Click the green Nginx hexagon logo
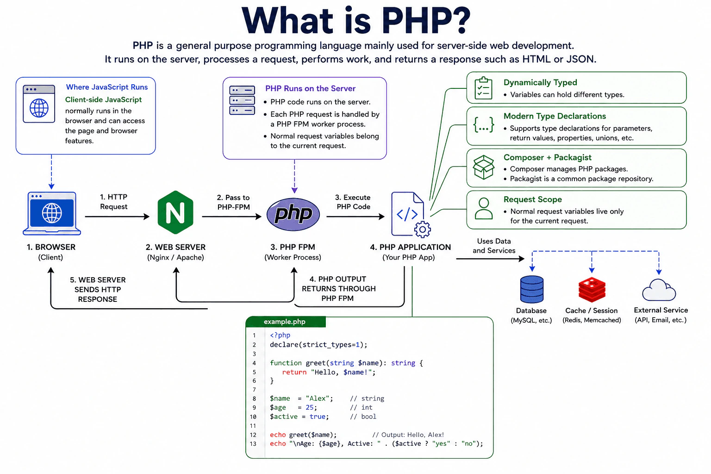tap(175, 212)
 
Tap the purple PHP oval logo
tap(293, 214)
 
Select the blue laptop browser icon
tap(52, 213)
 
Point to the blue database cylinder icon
tap(532, 289)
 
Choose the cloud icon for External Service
tap(659, 290)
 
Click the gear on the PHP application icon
tap(423, 229)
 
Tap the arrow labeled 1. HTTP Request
tap(117, 217)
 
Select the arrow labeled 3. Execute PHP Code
tap(355, 217)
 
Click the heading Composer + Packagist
tap(548, 157)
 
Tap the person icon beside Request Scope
tap(483, 209)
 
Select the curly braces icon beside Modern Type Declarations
tap(483, 125)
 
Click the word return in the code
tap(294, 372)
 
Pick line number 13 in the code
tap(253, 444)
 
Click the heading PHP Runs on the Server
tap(310, 88)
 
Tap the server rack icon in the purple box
tap(242, 100)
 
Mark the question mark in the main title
tap(458, 20)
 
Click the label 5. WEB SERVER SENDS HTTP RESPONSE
tap(98, 290)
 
